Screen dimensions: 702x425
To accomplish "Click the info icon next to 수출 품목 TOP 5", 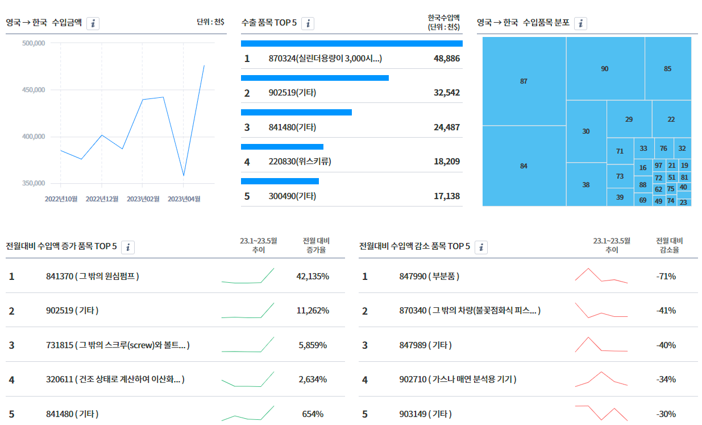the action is pyautogui.click(x=308, y=23).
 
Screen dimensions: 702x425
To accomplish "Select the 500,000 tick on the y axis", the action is pyautogui.click(x=34, y=43).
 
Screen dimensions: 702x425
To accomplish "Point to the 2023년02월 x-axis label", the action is pyautogui.click(x=143, y=199).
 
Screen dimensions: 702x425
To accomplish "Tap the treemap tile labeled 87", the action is pyautogui.click(x=524, y=81).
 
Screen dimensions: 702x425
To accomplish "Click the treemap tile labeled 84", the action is pyautogui.click(x=524, y=166).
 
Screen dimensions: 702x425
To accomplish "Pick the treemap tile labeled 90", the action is pyautogui.click(x=605, y=68).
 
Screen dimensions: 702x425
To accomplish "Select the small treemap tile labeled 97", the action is pyautogui.click(x=658, y=166).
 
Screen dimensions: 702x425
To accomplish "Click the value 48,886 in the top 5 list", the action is pyautogui.click(x=447, y=59).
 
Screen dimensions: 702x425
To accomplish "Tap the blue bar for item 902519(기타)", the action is pyautogui.click(x=315, y=78).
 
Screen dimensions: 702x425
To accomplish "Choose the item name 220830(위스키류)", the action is pyautogui.click(x=300, y=162).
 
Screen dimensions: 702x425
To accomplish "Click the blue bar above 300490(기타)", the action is pyautogui.click(x=280, y=181).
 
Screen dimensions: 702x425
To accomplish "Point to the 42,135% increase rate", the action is pyautogui.click(x=313, y=277).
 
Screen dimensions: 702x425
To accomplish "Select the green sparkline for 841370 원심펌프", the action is pyautogui.click(x=248, y=276).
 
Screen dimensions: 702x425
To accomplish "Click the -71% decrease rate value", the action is pyautogui.click(x=666, y=277).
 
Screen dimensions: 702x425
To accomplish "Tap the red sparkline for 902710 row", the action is pyautogui.click(x=601, y=379).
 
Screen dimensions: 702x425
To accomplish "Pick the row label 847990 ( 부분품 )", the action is pyautogui.click(x=429, y=277).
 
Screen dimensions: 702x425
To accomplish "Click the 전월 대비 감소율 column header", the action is pyautogui.click(x=670, y=245).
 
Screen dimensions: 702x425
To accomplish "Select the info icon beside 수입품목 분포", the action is pyautogui.click(x=580, y=23).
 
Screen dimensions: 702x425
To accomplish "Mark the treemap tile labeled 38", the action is pyautogui.click(x=586, y=184).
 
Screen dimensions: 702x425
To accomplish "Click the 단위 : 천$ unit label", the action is pyautogui.click(x=210, y=22).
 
